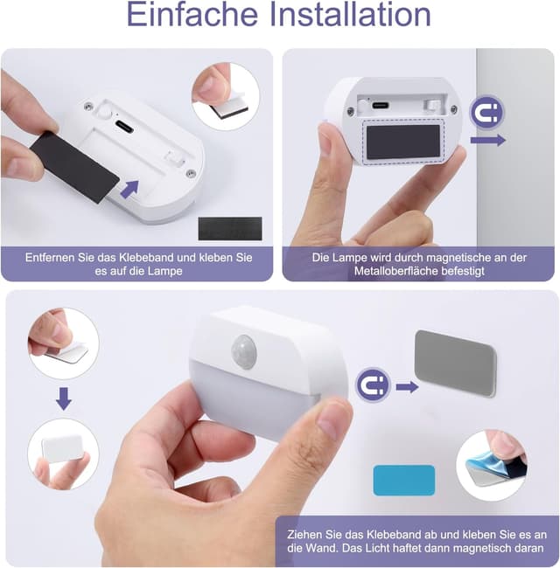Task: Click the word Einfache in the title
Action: [x=192, y=15]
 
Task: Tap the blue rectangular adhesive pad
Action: [x=404, y=481]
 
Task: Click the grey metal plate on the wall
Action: [x=456, y=364]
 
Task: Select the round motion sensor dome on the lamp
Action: [x=244, y=351]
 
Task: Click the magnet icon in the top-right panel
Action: [x=487, y=113]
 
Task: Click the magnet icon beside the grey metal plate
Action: [x=373, y=384]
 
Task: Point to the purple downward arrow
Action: [x=64, y=398]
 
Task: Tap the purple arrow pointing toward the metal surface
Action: [x=488, y=140]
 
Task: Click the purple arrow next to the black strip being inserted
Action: [x=129, y=189]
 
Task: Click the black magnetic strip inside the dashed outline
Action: [x=403, y=142]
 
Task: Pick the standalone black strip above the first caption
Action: [x=230, y=228]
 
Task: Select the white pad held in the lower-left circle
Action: [x=62, y=447]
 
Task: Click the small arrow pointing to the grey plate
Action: [x=407, y=387]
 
